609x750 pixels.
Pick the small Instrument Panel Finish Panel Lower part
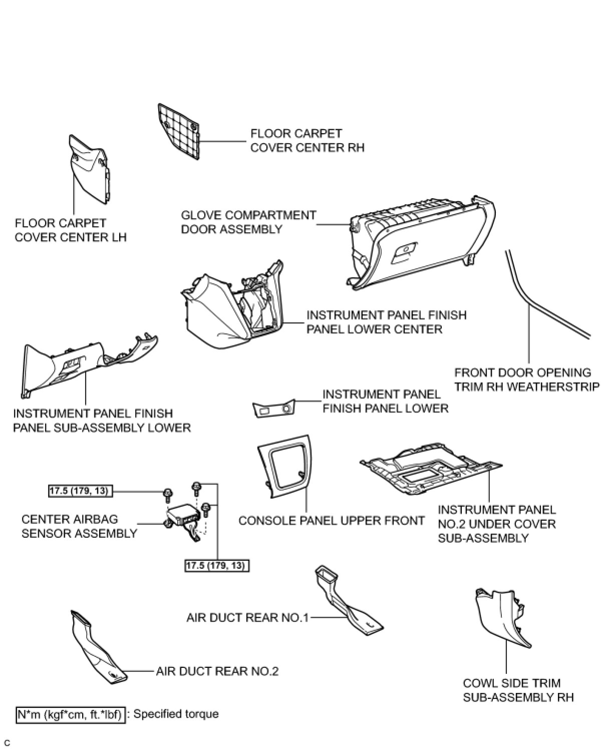273,409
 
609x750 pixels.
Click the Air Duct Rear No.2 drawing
98,651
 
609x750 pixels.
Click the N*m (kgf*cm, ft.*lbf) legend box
70,714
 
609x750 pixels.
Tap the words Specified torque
176,714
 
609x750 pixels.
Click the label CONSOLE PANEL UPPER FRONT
332,521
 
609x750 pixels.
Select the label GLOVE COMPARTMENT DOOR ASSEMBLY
248,222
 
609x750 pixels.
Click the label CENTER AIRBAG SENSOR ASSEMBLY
79,526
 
